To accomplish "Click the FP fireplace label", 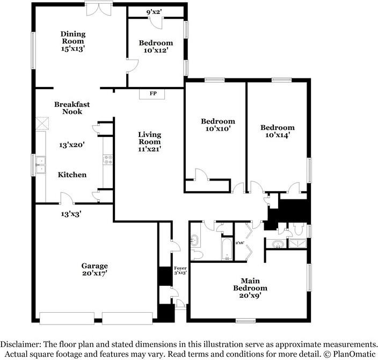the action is point(153,93).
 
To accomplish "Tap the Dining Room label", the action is point(73,38).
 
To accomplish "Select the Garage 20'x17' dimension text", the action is point(95,273).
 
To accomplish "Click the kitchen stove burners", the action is point(108,160).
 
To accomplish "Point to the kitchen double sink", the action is point(40,165).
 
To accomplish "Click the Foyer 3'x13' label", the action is point(180,270).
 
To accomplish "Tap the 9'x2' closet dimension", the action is point(154,12).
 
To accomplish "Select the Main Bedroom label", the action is point(250,284).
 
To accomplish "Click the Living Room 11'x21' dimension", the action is point(149,149).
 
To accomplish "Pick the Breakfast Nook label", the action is point(72,108).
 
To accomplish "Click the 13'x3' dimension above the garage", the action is point(71,214).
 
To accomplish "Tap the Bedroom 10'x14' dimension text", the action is point(277,135).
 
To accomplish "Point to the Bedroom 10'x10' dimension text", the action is point(218,128).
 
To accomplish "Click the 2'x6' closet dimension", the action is point(240,243).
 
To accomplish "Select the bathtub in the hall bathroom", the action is point(227,249).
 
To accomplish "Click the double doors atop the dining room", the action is point(99,9).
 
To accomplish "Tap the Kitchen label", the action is point(72,175).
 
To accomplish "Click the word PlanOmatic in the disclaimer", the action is point(354,354).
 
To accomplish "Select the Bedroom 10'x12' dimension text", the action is point(156,51).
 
